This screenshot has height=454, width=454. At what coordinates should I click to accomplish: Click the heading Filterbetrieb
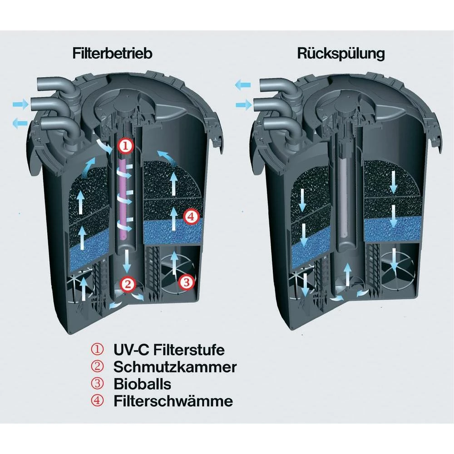coord(112,53)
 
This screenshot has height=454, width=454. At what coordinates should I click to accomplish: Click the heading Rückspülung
coord(341,54)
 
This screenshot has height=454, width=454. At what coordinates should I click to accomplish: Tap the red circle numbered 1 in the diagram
coord(125,146)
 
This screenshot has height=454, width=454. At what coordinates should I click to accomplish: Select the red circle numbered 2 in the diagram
coord(128,284)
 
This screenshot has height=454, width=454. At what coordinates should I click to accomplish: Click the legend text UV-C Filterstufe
coord(169,350)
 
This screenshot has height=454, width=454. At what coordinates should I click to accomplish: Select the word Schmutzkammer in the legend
coord(175,367)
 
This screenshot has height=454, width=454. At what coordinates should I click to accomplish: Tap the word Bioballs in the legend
coord(142,384)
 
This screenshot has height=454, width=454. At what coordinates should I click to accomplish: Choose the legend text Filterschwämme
coord(173,401)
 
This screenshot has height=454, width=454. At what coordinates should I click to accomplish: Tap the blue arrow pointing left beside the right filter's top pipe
coord(242,85)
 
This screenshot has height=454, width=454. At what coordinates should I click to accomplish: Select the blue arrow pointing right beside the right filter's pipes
coord(244,104)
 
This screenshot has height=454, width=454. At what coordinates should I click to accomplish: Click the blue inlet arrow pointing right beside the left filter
coord(20,104)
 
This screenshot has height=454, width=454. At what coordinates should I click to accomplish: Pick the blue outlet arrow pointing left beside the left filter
coord(20,123)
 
